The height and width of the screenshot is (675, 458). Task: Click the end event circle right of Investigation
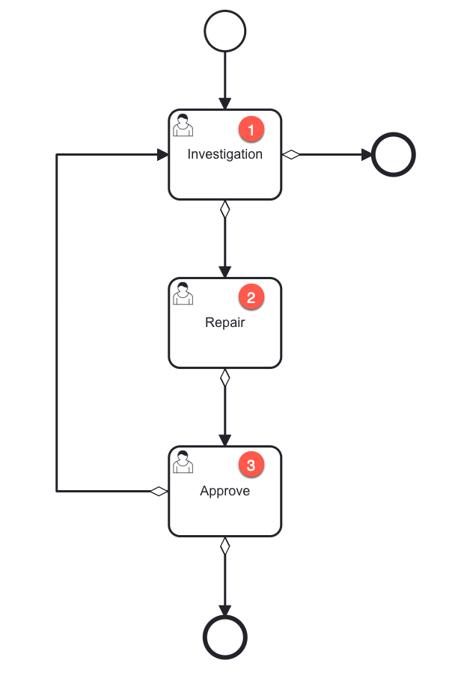pos(393,155)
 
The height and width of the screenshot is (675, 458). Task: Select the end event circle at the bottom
pos(225,638)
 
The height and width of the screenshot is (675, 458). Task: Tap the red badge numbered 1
pos(251,129)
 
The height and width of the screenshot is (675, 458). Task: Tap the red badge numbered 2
pos(251,298)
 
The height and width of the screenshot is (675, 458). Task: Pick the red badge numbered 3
pos(251,465)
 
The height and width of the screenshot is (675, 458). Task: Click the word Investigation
pos(225,155)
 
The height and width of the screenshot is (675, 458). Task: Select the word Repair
pos(225,323)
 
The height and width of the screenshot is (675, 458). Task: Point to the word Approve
pos(225,492)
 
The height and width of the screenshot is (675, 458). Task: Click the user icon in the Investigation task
pos(183,126)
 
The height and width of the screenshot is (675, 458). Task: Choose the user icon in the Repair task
pos(183,294)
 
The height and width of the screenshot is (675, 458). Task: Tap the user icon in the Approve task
pos(183,462)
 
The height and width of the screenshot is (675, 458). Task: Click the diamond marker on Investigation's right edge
pos(290,155)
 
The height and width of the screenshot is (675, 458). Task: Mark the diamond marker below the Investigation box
pos(225,210)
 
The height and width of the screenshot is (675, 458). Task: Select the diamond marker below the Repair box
pos(225,378)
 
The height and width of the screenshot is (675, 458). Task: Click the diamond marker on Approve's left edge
pos(159,492)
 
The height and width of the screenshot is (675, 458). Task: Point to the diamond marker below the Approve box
pos(225,546)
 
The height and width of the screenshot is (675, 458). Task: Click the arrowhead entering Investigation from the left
pos(162,155)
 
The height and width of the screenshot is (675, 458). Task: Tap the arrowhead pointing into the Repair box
pos(225,272)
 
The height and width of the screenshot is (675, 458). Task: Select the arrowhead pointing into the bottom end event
pos(225,610)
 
